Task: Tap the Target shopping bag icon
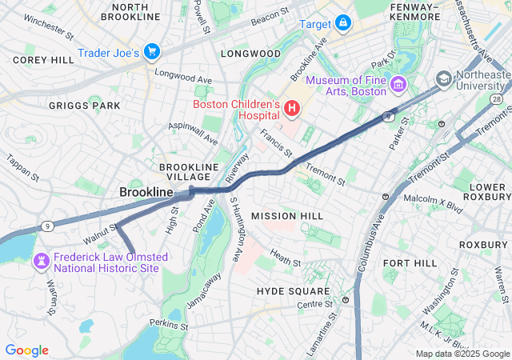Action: (343, 24)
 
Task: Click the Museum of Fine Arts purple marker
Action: (398, 82)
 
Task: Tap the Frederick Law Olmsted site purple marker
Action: (41, 261)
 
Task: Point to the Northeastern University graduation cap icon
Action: (443, 79)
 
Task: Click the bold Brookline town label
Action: (146, 193)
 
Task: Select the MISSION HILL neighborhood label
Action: (287, 216)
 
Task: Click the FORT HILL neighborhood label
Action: (410, 263)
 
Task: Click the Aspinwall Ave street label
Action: (193, 134)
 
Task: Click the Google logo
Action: (27, 350)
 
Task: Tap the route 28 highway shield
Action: (498, 98)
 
